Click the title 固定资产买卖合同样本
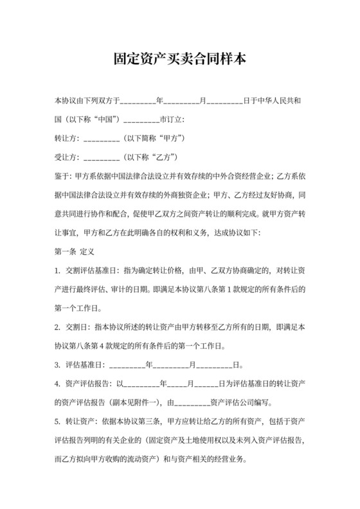[x=180, y=60]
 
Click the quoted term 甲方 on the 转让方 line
[x=169, y=139]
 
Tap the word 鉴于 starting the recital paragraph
[x=62, y=175]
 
